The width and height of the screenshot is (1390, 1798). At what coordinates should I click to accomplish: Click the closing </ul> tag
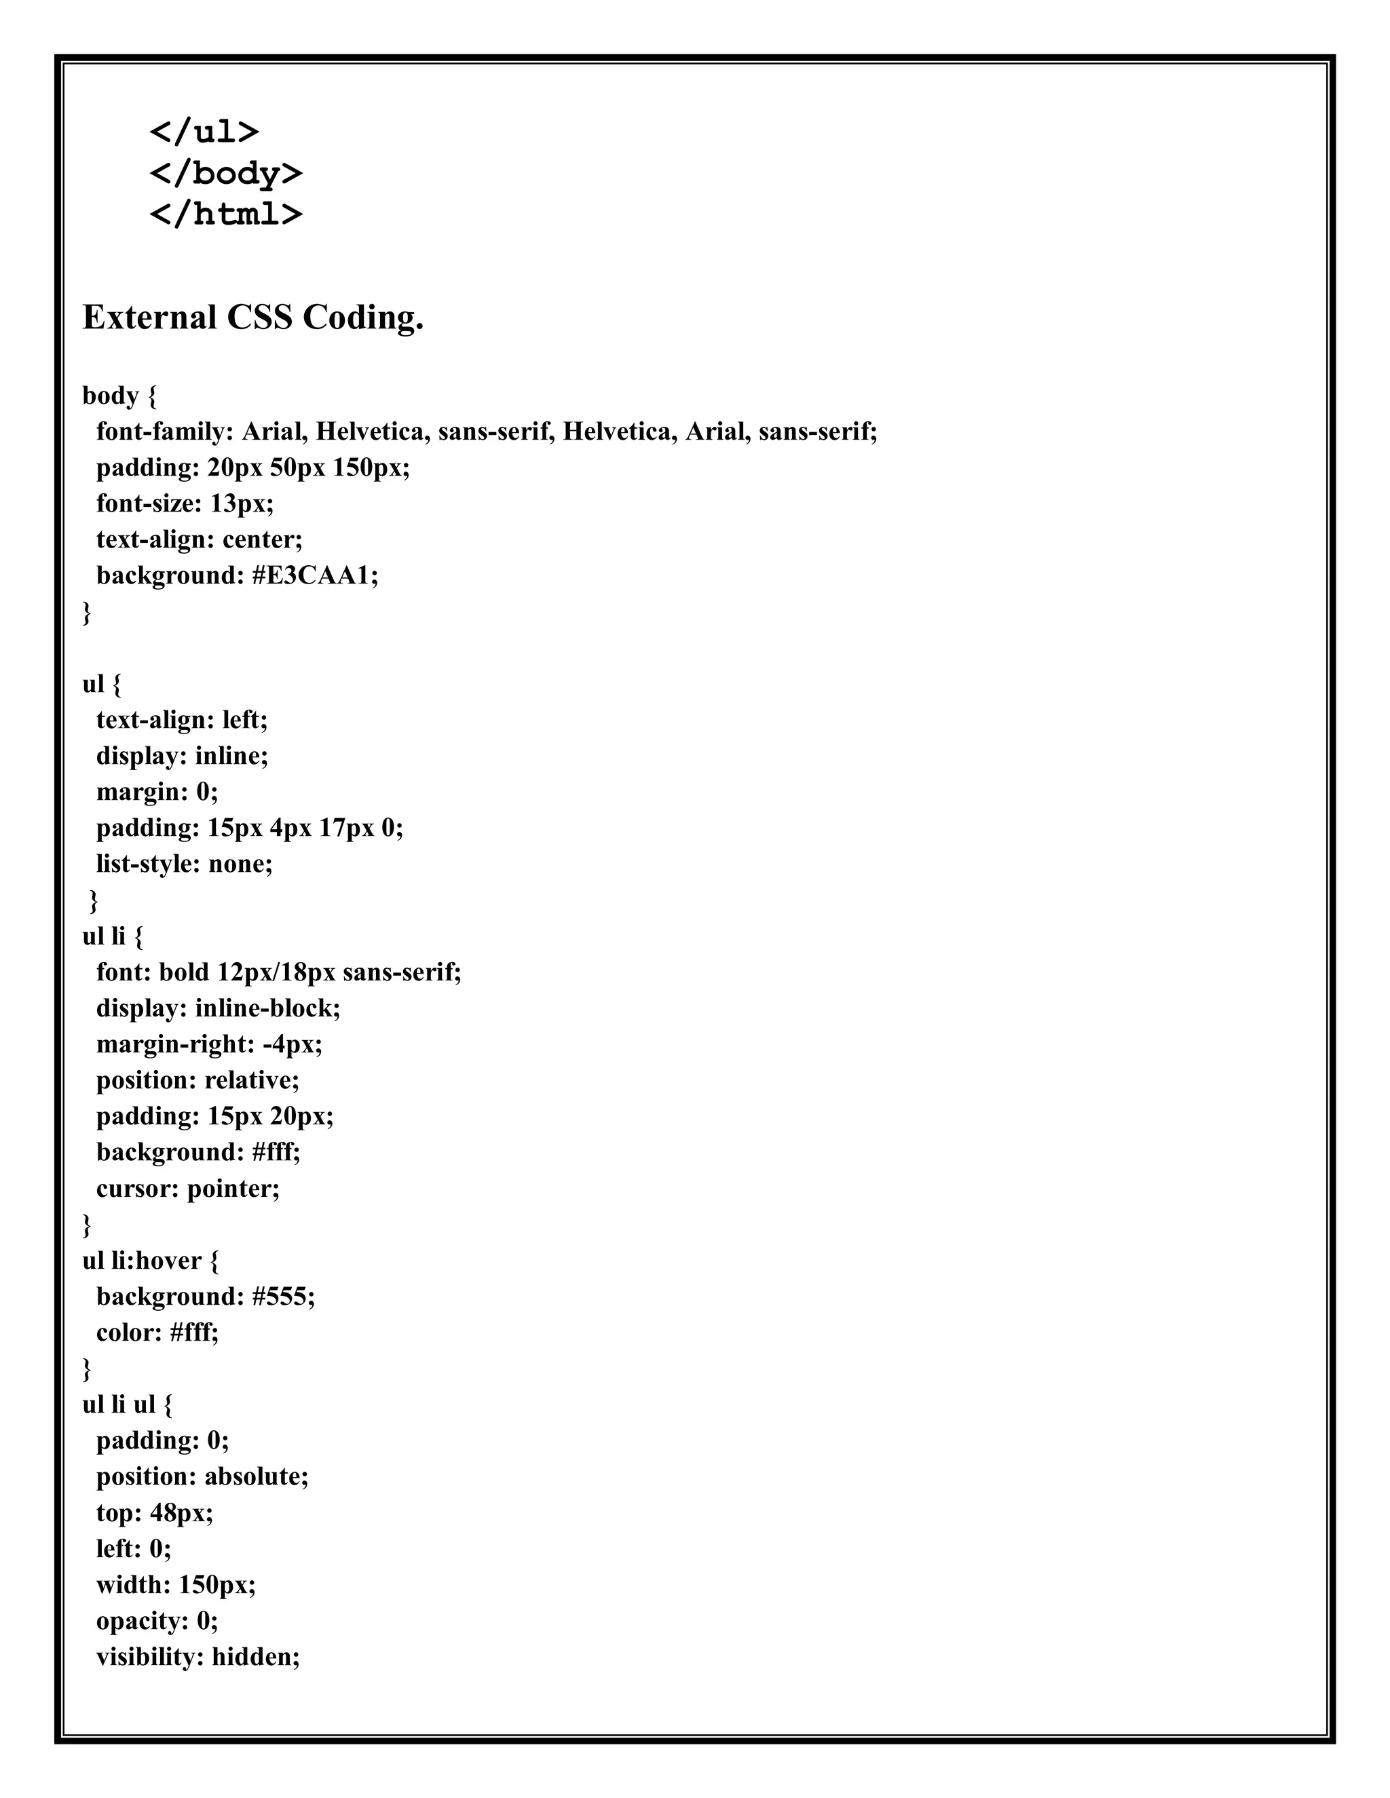[x=204, y=132]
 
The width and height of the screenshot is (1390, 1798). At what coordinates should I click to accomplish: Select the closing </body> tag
[x=225, y=173]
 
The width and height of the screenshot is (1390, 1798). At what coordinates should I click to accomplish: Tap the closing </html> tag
[x=225, y=214]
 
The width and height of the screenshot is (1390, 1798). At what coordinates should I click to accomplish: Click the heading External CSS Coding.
[x=252, y=318]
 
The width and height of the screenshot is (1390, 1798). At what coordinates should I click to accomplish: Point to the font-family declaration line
[x=487, y=432]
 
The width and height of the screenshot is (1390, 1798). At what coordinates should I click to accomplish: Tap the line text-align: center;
[x=200, y=539]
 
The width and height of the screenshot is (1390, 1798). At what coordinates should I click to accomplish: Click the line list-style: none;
[x=185, y=864]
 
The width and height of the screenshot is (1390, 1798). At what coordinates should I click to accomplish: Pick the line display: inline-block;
[x=219, y=1008]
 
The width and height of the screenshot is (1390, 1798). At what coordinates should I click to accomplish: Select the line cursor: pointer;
[x=188, y=1189]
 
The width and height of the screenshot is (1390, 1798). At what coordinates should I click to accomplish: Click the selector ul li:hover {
[x=151, y=1261]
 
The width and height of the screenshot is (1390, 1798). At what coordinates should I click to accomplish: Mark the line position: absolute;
[x=202, y=1477]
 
